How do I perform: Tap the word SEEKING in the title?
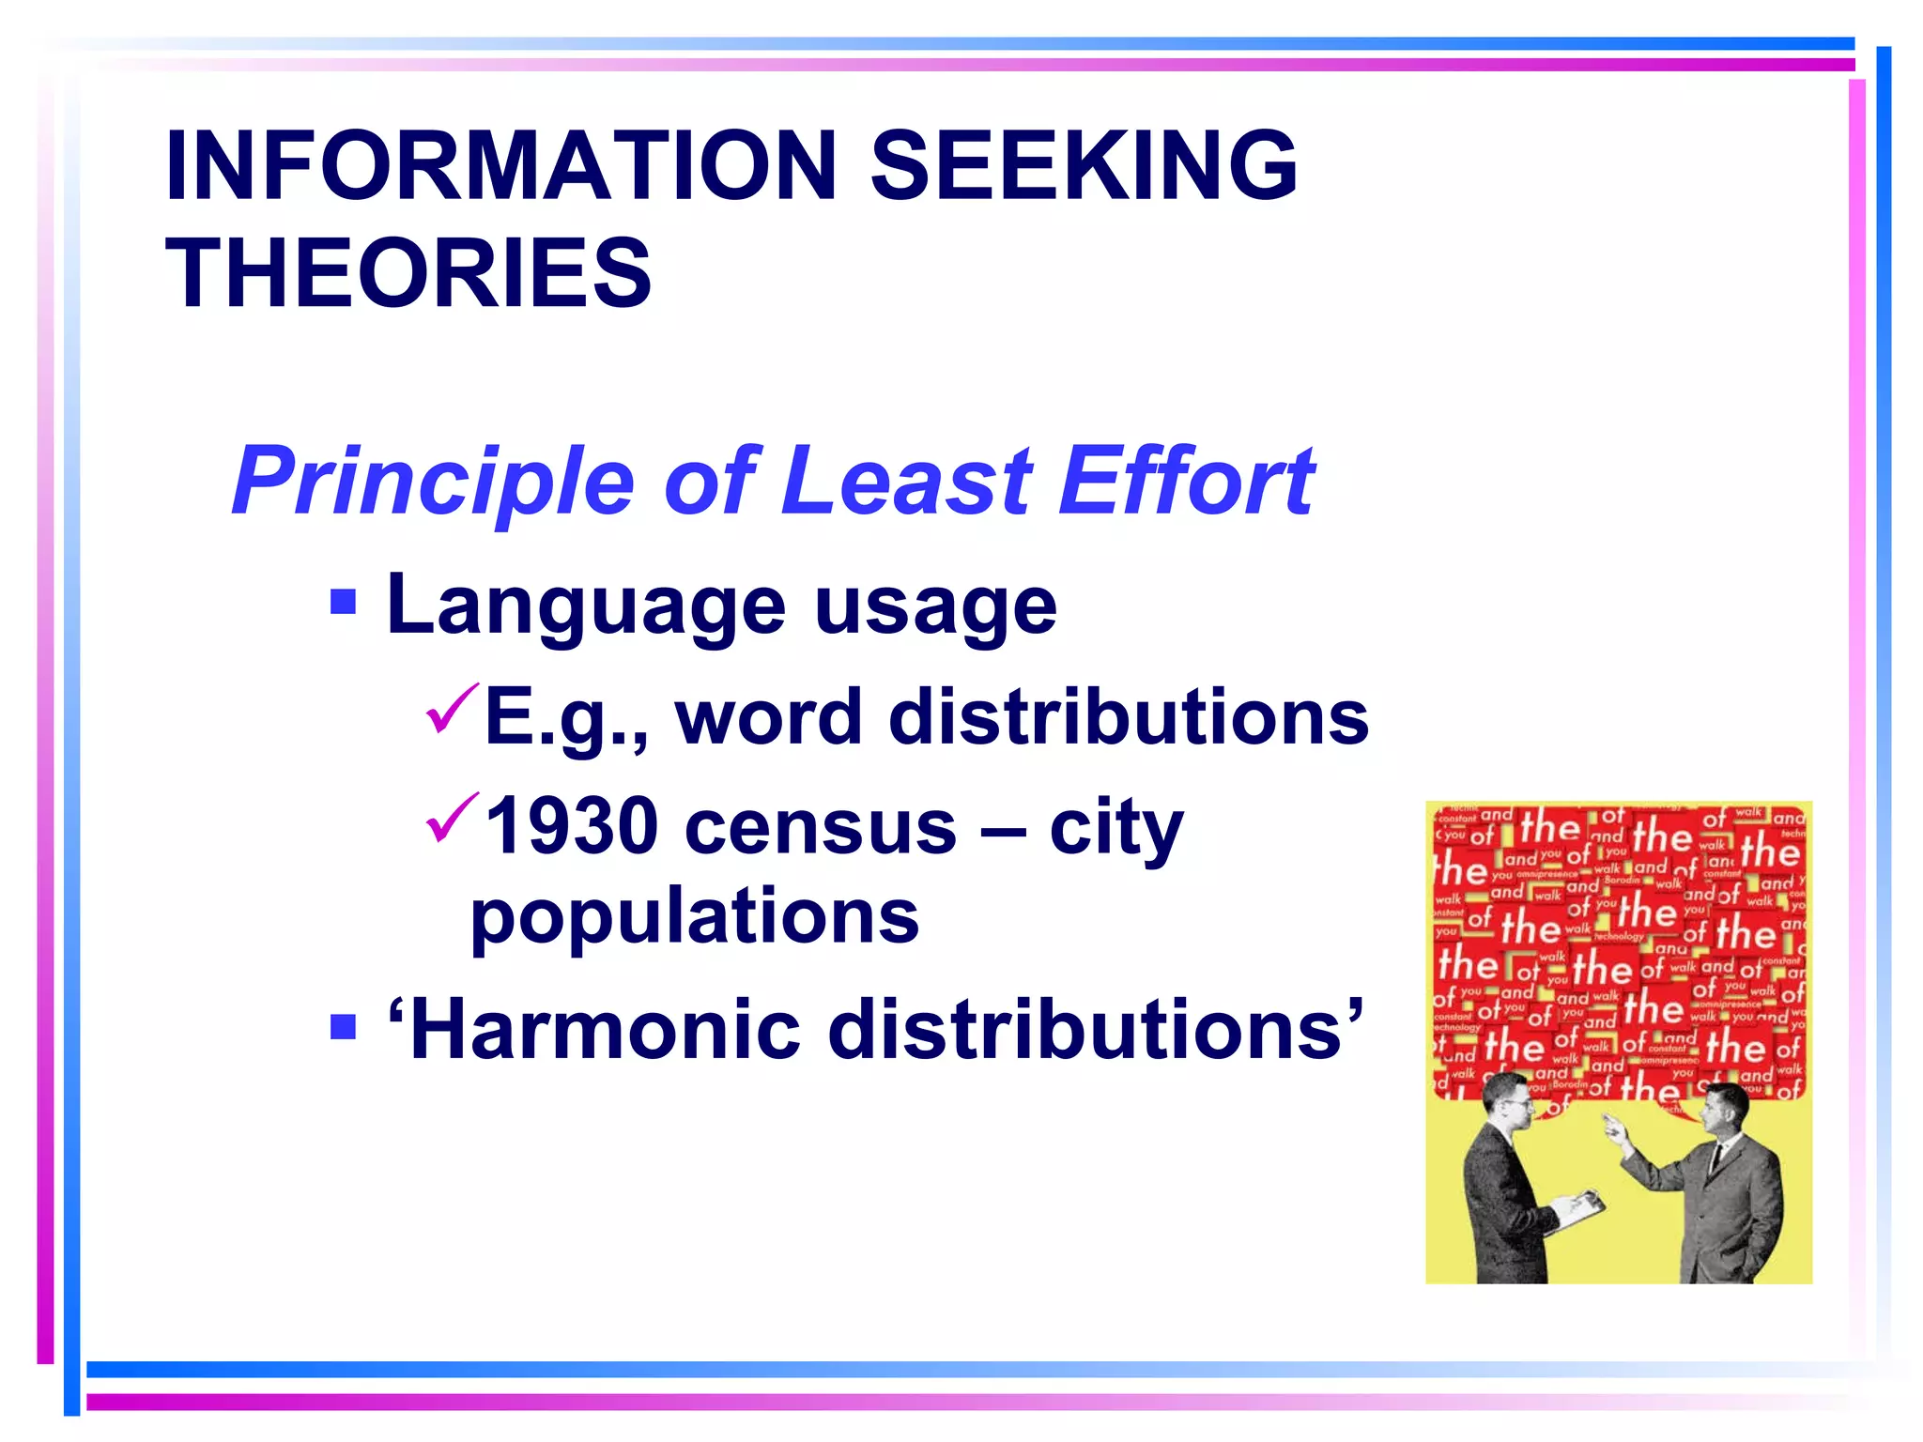[x=1085, y=166]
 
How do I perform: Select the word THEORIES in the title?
[x=408, y=273]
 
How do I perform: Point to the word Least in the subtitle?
[x=906, y=481]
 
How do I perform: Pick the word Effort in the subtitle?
[x=1187, y=481]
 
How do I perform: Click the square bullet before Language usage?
[x=344, y=601]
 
